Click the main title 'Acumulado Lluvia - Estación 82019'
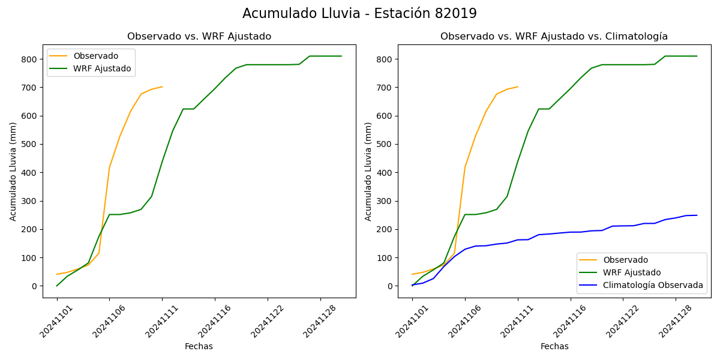tap(359, 14)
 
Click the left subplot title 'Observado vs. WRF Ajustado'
tap(199, 37)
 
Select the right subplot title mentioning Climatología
tap(554, 37)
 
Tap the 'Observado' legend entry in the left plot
tap(95, 56)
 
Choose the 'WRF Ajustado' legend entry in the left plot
tap(102, 68)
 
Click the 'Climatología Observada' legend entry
tap(653, 285)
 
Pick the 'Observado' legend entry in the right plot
tap(625, 260)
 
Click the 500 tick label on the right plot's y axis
tap(385, 145)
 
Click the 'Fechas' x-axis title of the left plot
tap(199, 346)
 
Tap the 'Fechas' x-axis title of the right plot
tap(554, 346)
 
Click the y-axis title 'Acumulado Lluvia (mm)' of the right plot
tap(368, 171)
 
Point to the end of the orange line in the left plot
tap(162, 86)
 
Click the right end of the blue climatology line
tap(697, 215)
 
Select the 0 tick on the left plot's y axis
tap(35, 286)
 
